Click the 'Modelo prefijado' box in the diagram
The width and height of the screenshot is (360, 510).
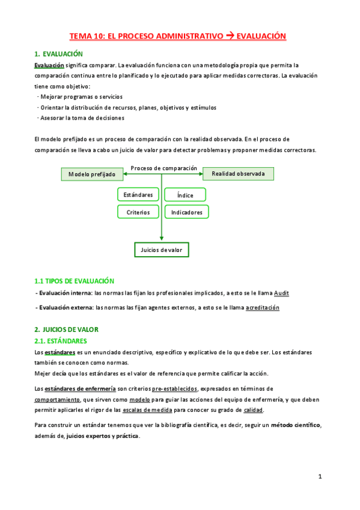click(92, 174)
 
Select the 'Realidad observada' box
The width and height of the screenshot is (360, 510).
click(238, 174)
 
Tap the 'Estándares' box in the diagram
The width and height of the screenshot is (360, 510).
click(138, 194)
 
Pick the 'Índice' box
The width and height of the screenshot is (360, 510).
click(185, 195)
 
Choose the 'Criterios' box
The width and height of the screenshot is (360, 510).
click(138, 212)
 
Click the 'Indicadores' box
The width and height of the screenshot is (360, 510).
click(186, 212)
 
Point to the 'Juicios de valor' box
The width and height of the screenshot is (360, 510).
click(161, 249)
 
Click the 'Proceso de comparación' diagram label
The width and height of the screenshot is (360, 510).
click(163, 168)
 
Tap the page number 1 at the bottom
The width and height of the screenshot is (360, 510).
click(320, 477)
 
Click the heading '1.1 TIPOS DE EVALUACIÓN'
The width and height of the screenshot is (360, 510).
click(74, 281)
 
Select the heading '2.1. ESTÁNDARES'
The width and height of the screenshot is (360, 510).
click(61, 341)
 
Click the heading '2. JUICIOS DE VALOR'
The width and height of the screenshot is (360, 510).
click(66, 330)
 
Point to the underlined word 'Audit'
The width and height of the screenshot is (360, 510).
click(281, 293)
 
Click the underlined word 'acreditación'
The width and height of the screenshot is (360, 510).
click(262, 308)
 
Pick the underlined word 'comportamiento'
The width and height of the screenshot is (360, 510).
click(57, 399)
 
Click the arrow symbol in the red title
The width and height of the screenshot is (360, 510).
click(229, 37)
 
